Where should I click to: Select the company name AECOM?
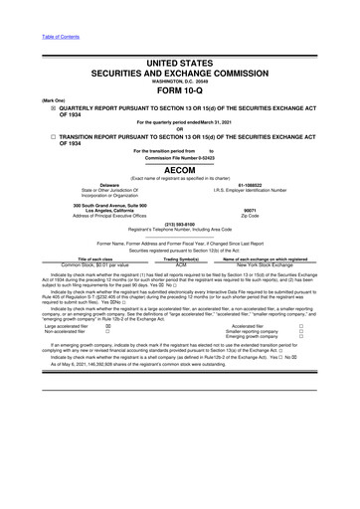tap(181, 170)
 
